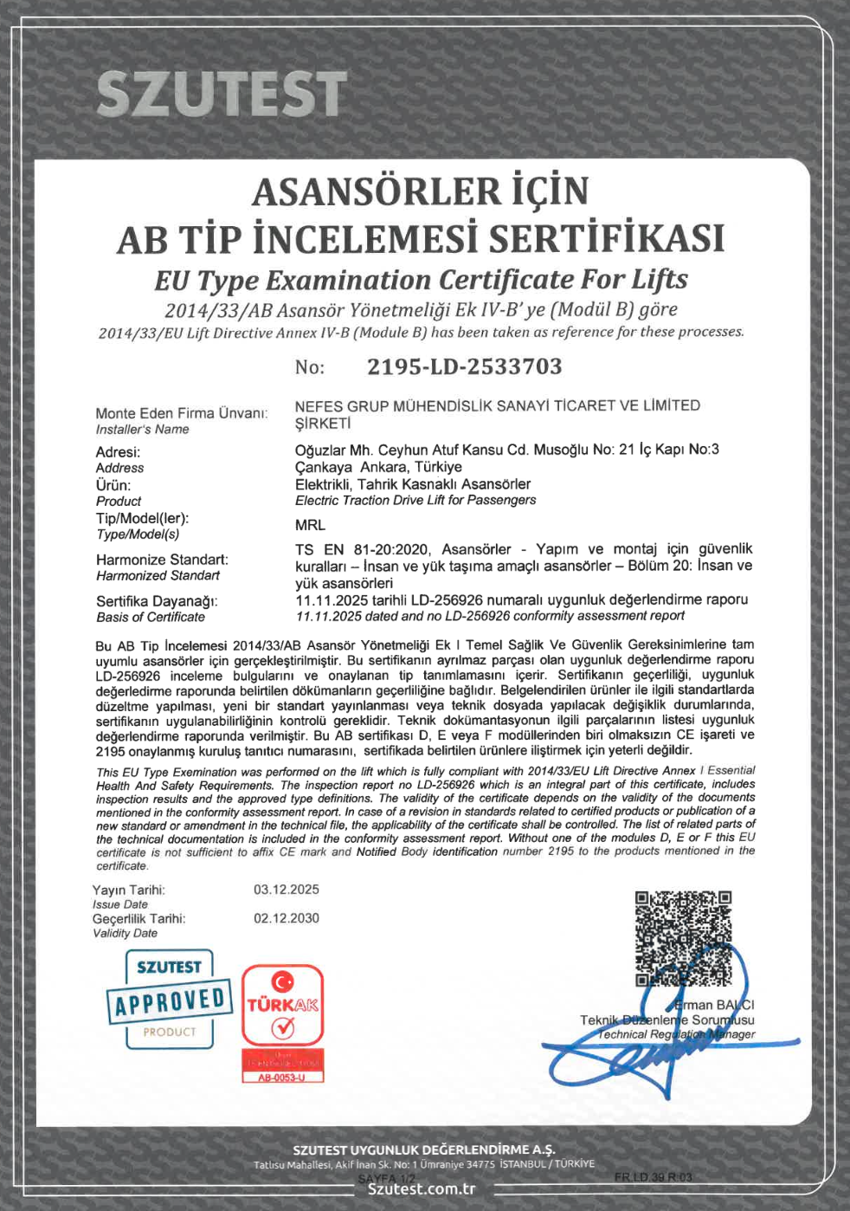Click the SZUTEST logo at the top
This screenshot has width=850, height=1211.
point(222,94)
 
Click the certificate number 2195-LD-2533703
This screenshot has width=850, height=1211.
point(464,366)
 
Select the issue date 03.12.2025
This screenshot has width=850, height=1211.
point(287,890)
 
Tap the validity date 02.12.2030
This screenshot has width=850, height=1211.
point(287,918)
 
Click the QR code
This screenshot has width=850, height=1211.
point(683,939)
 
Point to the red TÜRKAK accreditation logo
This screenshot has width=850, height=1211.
point(282,1006)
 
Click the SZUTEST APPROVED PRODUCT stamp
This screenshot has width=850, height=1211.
point(170,1000)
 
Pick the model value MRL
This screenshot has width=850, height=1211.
point(310,525)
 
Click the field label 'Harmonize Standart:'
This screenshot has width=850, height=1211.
point(162,560)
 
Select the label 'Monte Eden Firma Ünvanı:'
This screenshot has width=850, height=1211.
point(181,413)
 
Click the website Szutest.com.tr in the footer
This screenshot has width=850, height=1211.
point(422,1188)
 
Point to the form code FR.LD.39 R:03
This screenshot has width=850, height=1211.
point(654,1177)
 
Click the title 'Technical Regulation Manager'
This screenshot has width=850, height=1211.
point(676,1034)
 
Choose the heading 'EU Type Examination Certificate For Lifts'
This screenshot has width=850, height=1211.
point(421,280)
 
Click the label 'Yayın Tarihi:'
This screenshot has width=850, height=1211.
point(129,890)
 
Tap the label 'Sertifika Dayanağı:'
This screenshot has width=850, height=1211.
point(157,601)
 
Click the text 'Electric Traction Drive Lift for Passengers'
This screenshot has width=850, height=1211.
point(415,500)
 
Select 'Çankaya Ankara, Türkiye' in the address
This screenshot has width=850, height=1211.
point(378,467)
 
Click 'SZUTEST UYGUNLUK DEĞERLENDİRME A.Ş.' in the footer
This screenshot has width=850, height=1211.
point(423,1149)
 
